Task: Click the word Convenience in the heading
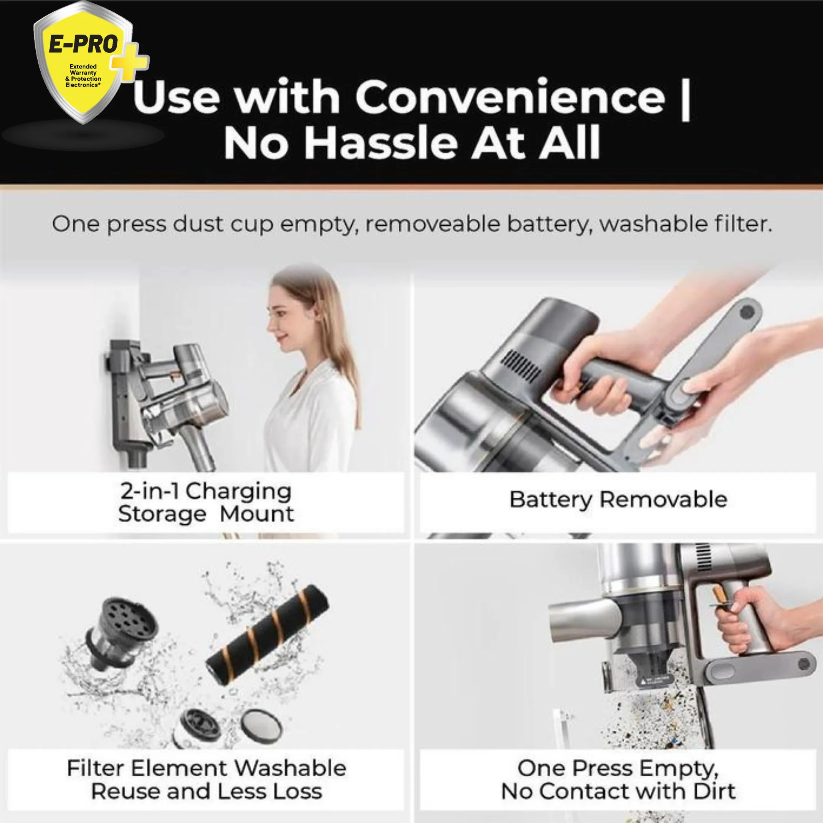510,97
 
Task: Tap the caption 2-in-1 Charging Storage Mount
206,503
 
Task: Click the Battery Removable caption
618,499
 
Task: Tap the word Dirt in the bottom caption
714,791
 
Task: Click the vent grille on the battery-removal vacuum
521,366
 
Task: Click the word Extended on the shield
83,67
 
